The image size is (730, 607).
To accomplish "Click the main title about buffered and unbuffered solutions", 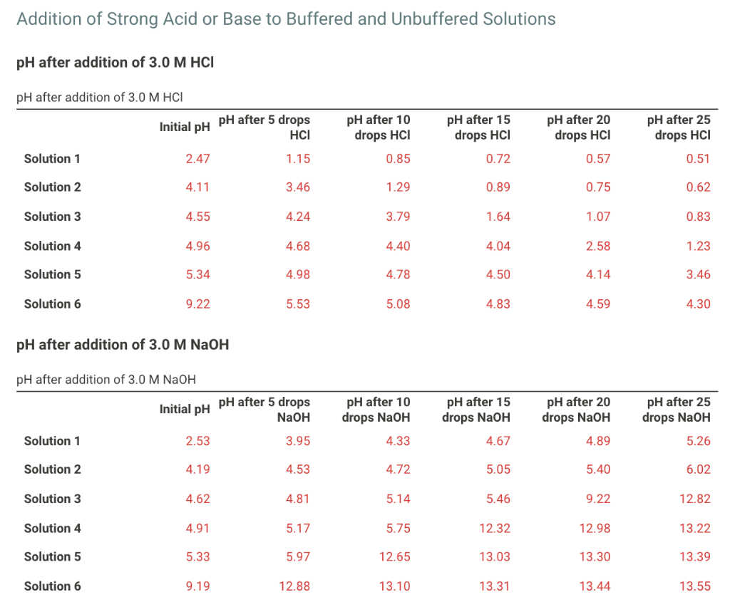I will coord(286,19).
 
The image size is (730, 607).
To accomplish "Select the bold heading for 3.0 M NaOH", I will coord(122,345).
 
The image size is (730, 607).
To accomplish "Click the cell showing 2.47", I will coord(197,159).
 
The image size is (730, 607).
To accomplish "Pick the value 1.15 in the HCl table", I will coord(298,159).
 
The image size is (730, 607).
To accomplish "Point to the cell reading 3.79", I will coord(398,217).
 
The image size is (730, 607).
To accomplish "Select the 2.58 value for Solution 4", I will coord(598,246).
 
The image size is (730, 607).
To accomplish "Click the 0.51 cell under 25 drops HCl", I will coord(698,159).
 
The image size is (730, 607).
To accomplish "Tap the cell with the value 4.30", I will coord(698,304).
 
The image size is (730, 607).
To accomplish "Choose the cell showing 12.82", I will coord(694,499).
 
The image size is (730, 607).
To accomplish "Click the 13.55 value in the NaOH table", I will coord(694,586).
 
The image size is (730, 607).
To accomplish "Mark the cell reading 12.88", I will coord(294,586).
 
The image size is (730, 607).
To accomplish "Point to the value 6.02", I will coord(698,469).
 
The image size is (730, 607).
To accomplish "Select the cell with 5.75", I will coord(398,528).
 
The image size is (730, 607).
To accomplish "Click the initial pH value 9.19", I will coord(197,586).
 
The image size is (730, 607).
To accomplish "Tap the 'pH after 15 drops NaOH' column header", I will coord(476,410).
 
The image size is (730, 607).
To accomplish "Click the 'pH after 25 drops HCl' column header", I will coord(679,128).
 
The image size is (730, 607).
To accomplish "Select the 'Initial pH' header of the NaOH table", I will coord(185,410).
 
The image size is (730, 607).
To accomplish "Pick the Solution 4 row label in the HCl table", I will coord(53,246).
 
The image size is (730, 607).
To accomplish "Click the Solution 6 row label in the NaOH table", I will coord(53,586).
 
